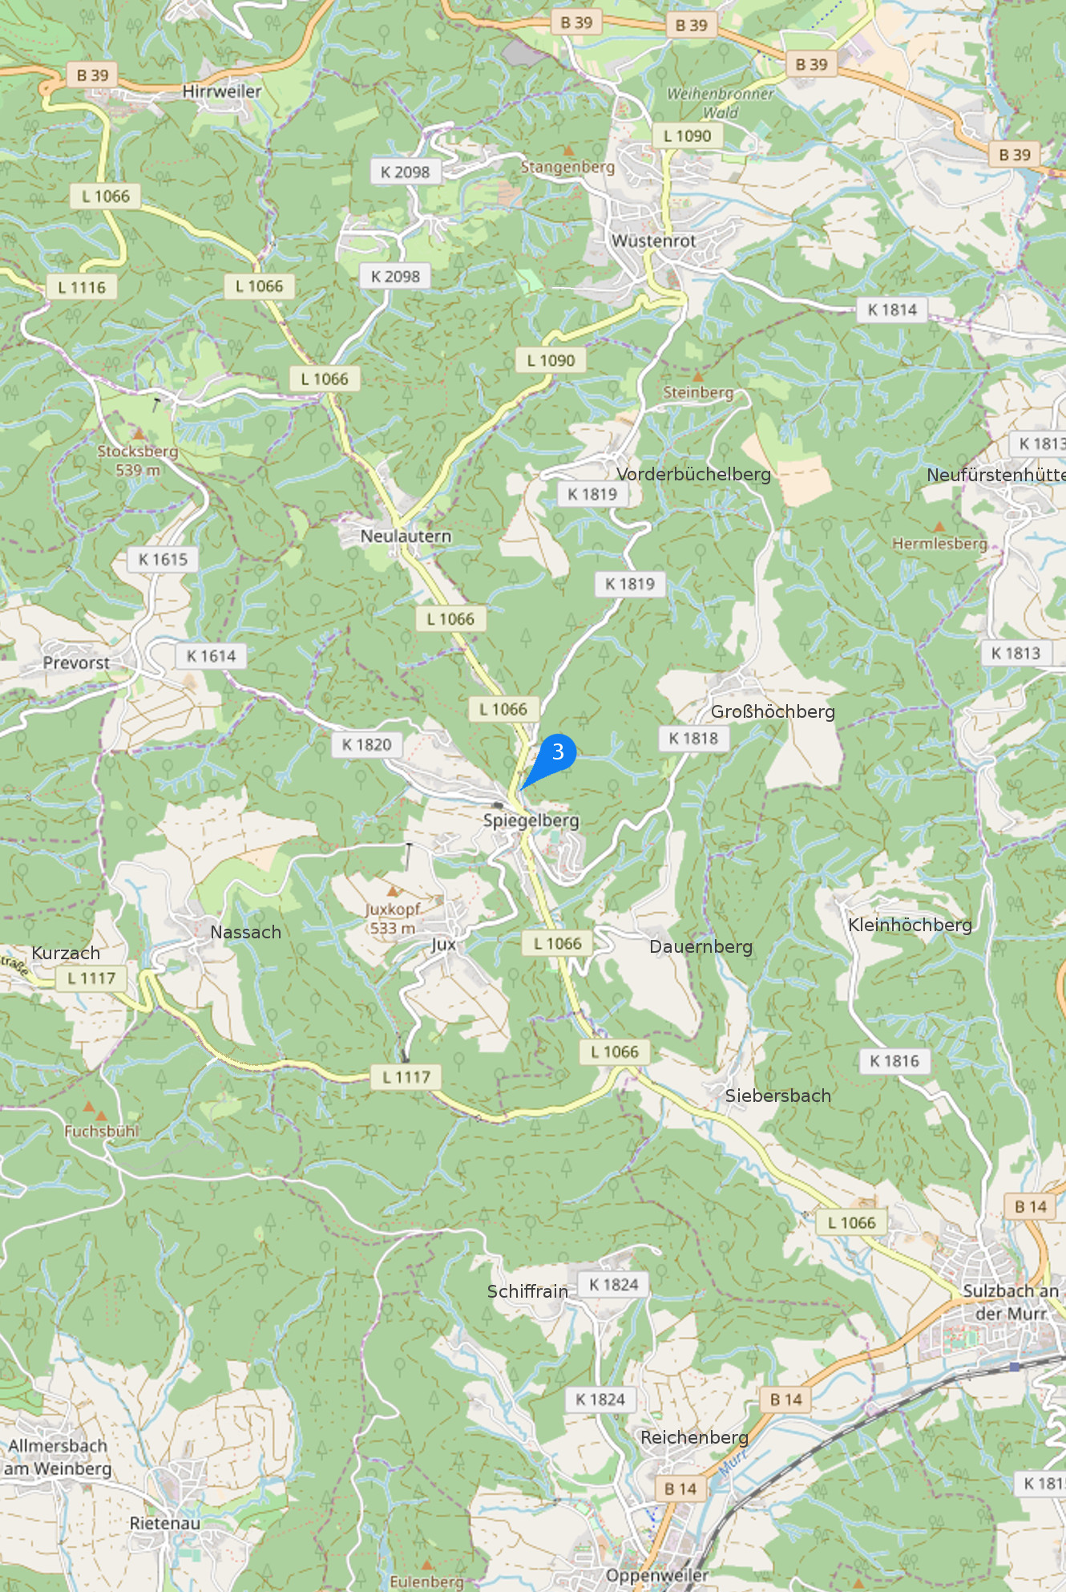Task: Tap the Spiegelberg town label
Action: (531, 820)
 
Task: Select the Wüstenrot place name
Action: (654, 241)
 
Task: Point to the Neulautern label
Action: (406, 536)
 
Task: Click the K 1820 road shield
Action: (366, 745)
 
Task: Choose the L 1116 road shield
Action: (82, 287)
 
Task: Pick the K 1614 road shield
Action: (211, 656)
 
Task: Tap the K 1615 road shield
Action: (163, 559)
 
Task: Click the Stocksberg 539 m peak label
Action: (138, 460)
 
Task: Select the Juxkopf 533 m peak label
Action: (393, 918)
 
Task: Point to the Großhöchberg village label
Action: (773, 711)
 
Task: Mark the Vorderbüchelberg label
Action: (694, 474)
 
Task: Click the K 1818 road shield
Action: (693, 739)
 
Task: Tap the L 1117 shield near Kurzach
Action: (91, 978)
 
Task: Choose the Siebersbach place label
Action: (777, 1096)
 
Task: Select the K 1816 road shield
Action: (894, 1061)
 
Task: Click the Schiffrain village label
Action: (527, 1291)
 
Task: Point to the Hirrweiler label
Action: (222, 91)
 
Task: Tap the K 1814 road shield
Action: (892, 310)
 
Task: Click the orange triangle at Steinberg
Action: (697, 376)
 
